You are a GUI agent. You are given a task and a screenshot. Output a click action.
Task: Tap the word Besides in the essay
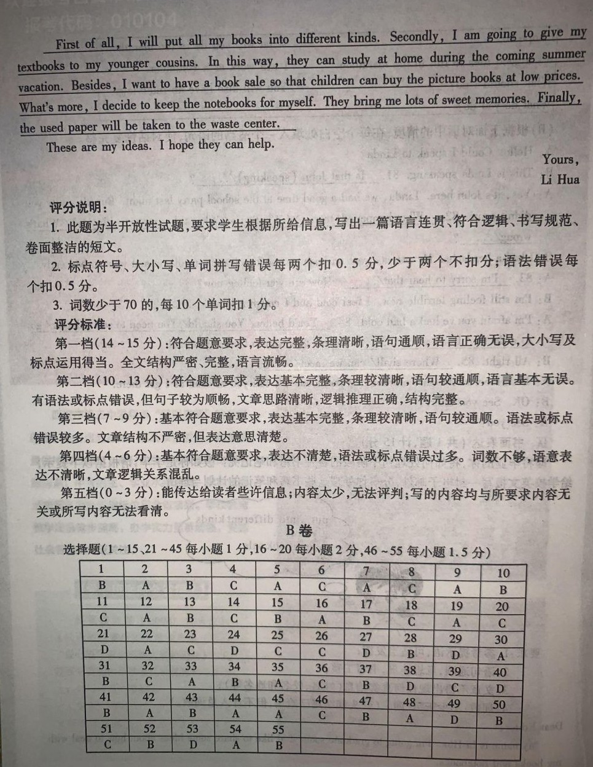92,85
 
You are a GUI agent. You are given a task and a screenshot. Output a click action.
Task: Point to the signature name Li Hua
560,179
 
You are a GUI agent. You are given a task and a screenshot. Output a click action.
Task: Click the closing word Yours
559,160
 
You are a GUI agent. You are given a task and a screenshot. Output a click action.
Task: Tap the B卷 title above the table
299,530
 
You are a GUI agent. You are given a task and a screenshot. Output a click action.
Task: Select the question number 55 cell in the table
278,730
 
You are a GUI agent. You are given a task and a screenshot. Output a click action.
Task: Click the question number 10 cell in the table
503,573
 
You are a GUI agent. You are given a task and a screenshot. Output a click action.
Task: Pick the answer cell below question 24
234,650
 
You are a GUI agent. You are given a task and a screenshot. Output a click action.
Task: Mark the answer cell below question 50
499,720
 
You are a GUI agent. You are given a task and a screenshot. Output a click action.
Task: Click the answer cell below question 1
102,585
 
